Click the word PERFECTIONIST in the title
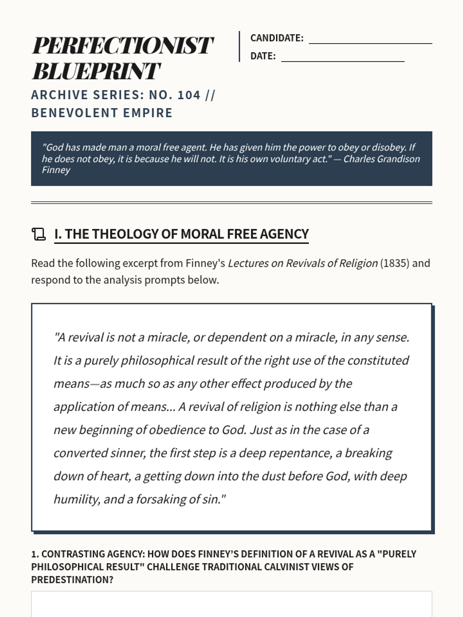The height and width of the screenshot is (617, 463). [x=122, y=46]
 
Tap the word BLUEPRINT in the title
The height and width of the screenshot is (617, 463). [x=96, y=71]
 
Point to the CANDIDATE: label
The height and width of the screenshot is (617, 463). [x=277, y=38]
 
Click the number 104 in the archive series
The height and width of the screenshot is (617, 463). [x=189, y=95]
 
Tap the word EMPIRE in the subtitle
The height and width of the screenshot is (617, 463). [x=148, y=113]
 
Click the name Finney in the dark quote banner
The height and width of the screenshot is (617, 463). [x=56, y=170]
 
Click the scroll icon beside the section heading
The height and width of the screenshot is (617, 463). [x=39, y=234]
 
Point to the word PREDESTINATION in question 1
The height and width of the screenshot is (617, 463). [x=72, y=580]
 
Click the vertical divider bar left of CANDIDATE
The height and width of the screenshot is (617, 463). [x=239, y=46]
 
